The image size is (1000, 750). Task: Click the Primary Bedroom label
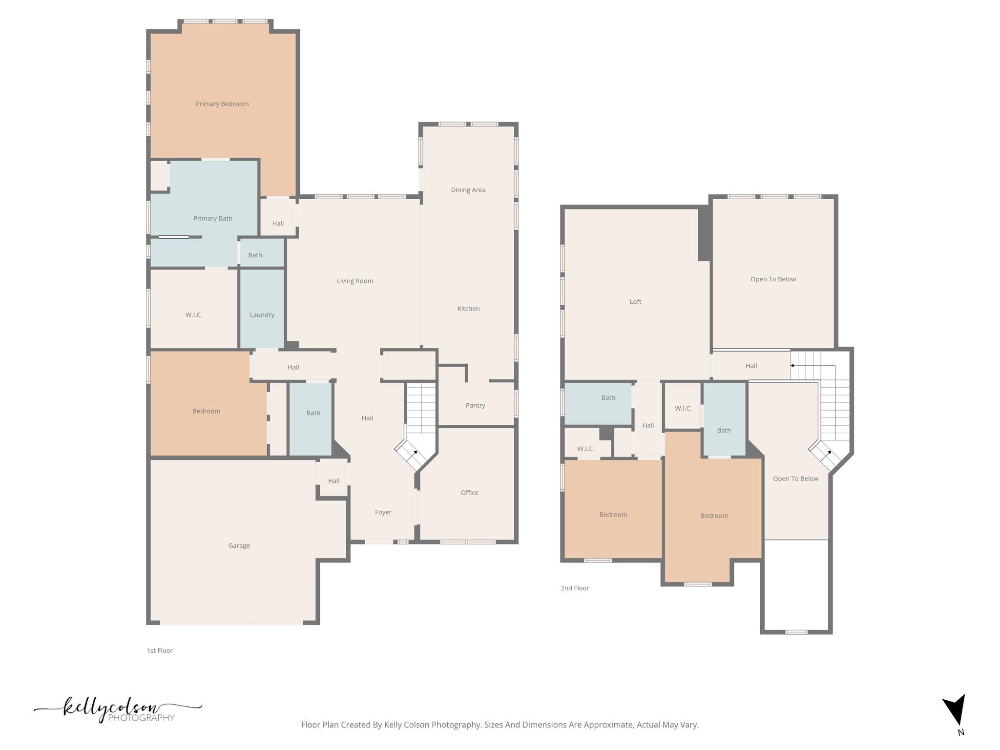tap(222, 104)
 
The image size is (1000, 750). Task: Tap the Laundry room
tap(262, 315)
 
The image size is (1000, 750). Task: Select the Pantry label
tap(475, 405)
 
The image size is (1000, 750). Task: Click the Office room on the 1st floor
tap(469, 493)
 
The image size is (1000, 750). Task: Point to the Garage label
tap(239, 546)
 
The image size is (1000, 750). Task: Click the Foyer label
tap(383, 512)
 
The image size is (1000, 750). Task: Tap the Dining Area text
tap(468, 190)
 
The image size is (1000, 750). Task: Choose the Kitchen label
tap(468, 309)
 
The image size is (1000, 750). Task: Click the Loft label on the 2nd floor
tap(635, 302)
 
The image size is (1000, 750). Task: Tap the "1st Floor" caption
tap(160, 650)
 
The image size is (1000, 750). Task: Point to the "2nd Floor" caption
tap(575, 588)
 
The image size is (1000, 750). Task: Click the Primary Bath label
tap(213, 218)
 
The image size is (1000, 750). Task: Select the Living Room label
tap(355, 281)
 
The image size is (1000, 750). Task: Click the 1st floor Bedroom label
tap(206, 411)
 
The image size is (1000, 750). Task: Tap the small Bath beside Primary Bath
tap(255, 255)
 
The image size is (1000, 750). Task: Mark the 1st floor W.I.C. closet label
tap(194, 315)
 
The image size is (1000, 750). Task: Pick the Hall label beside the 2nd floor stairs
tap(751, 366)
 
